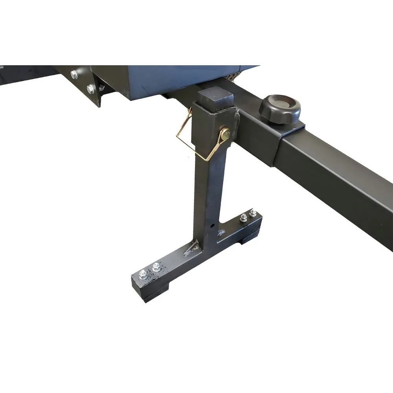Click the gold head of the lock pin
click(226, 135)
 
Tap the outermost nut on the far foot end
click(253, 213)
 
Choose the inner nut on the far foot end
click(243, 217)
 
